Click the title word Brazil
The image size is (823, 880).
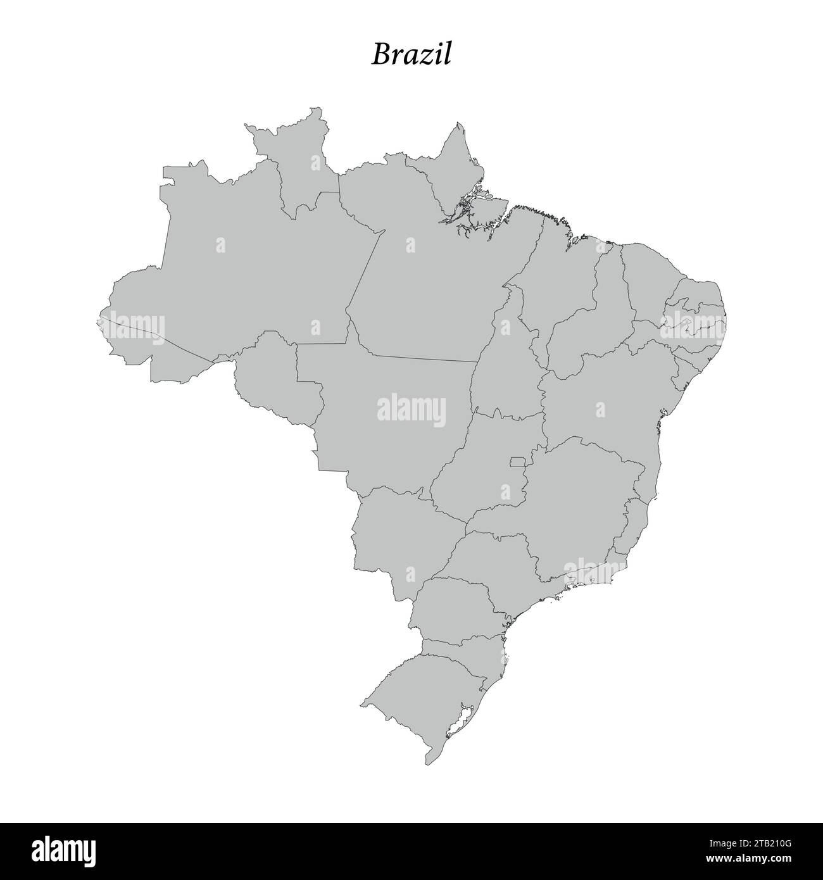coord(411,54)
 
